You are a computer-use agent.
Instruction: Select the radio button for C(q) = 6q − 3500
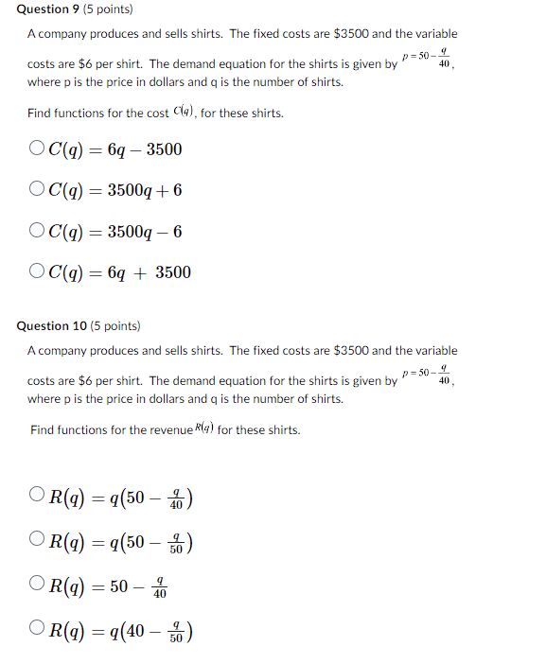click(36, 149)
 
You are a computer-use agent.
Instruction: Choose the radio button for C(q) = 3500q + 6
click(36, 189)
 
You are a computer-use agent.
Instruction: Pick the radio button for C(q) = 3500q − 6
click(36, 231)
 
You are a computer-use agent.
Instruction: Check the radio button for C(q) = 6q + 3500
click(36, 271)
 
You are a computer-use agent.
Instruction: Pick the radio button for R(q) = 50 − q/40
click(37, 585)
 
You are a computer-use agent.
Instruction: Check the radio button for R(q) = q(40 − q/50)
click(37, 629)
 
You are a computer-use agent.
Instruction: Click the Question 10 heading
click(52, 325)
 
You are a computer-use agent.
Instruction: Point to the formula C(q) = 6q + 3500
click(118, 272)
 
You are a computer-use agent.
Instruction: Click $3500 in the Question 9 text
click(350, 33)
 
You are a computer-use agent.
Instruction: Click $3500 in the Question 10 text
click(350, 350)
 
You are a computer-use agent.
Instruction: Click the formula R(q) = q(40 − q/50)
click(121, 631)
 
